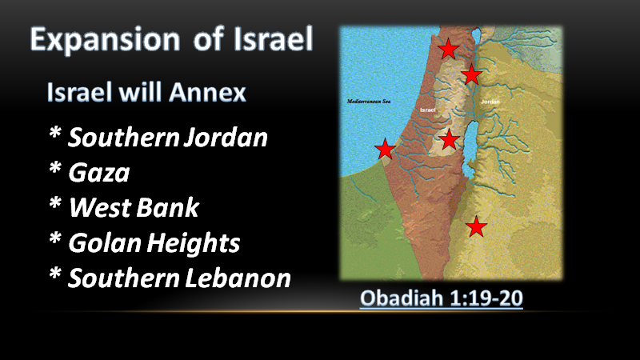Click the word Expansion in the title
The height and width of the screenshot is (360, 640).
click(106, 40)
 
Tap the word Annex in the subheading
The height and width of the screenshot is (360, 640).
click(207, 92)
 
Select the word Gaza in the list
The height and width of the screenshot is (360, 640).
click(98, 173)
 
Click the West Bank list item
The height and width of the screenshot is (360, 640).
click(134, 207)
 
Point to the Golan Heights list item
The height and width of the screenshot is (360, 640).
click(154, 243)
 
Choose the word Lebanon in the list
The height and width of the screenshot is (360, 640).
click(238, 278)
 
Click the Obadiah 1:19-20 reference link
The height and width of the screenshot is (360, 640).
click(442, 298)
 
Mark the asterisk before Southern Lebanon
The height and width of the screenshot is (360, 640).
click(55, 274)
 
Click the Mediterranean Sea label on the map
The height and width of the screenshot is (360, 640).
click(369, 102)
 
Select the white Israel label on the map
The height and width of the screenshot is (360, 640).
click(428, 110)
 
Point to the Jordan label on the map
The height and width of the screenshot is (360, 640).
click(490, 102)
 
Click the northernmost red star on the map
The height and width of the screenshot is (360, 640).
click(448, 49)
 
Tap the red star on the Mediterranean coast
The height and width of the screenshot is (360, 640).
click(385, 149)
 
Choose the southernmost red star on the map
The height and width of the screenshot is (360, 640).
click(476, 227)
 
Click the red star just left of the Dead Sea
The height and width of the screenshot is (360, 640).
click(450, 139)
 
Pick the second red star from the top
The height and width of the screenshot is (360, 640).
click(471, 74)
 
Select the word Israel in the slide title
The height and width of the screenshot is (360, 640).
click(273, 39)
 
